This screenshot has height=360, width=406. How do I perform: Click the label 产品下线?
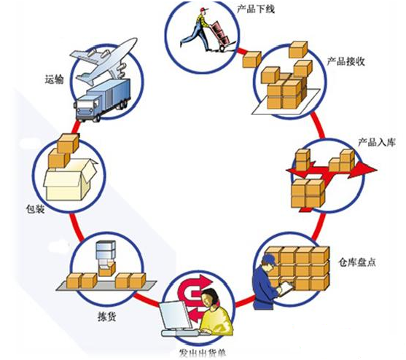tap(256, 9)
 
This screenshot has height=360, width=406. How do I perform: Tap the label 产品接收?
tap(346, 61)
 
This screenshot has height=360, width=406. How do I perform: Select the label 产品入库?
tap(377, 142)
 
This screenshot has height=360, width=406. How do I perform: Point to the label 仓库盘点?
tap(357, 262)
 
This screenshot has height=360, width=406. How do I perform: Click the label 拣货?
tap(106, 316)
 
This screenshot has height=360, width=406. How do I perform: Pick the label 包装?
tap(35, 208)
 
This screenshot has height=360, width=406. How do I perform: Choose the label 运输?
tap(54, 79)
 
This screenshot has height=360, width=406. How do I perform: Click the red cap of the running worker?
tap(204, 9)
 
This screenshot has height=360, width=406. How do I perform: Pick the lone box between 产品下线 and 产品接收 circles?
tap(251, 60)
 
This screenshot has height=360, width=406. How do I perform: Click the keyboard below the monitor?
tap(182, 333)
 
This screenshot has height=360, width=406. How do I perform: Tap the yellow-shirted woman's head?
tap(210, 297)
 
